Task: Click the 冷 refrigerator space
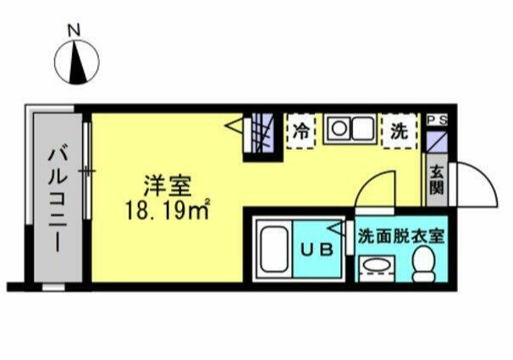pyautogui.click(x=301, y=131)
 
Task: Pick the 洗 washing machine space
pyautogui.click(x=397, y=131)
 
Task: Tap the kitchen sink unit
pyautogui.click(x=350, y=130)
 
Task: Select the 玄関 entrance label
pyautogui.click(x=438, y=180)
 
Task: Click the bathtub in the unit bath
pyautogui.click(x=275, y=250)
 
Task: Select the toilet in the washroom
pyautogui.click(x=424, y=265)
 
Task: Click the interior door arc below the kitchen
pyautogui.click(x=375, y=191)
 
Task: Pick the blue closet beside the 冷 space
pyautogui.click(x=262, y=135)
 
